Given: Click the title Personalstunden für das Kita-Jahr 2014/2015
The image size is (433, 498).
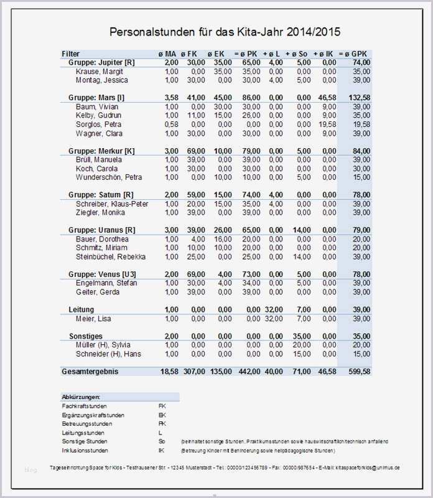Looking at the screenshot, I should tap(225, 31).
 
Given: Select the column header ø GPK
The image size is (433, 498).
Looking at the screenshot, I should tap(355, 54).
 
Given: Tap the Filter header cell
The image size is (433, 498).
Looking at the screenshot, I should tap(71, 54).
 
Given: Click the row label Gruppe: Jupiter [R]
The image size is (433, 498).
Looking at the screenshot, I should tap(101, 63).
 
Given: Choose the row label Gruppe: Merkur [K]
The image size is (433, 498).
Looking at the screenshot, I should tap(101, 151).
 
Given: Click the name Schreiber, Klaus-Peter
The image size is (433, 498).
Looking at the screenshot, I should tap(112, 204).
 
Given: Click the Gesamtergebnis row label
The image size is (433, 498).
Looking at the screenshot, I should tap(90, 372).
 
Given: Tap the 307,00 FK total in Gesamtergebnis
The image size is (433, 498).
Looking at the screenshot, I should tap(193, 372).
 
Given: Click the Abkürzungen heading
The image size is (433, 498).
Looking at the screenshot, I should tap(81, 397).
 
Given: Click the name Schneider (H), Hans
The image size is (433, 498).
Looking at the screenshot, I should tap(109, 354).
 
